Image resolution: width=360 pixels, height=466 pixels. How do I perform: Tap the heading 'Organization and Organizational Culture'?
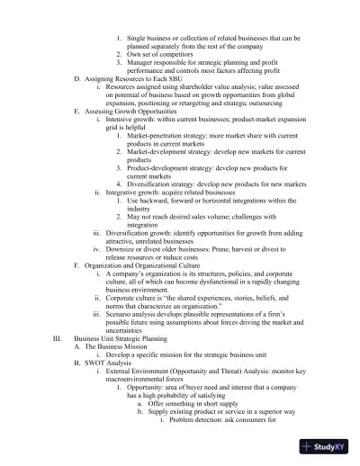pos(144,267)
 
